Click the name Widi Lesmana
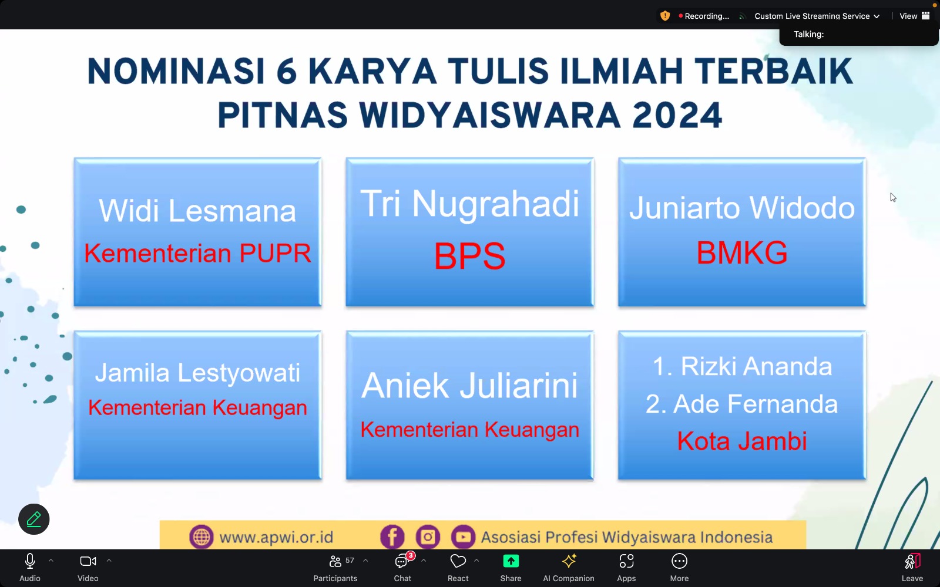(197, 211)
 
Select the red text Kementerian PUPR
(197, 253)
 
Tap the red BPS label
(469, 256)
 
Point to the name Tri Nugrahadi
(469, 204)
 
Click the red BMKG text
(742, 253)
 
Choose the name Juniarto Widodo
(742, 208)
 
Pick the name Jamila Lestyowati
(197, 373)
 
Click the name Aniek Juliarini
(469, 385)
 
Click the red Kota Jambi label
(742, 441)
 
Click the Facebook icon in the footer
(392, 537)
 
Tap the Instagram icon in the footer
(428, 537)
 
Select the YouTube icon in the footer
(463, 537)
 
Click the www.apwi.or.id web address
(276, 537)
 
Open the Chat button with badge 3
(402, 567)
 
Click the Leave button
(912, 567)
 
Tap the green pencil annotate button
(34, 519)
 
